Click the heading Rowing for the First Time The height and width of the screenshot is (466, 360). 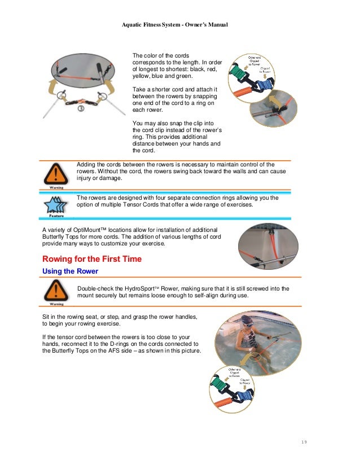coord(92,260)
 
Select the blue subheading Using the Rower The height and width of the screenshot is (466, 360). coord(71,271)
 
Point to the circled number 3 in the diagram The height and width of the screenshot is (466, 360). coord(81,110)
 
